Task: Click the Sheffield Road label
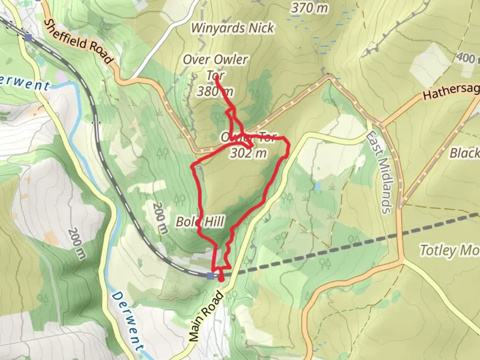coord(79,41)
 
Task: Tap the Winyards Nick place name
coord(232,28)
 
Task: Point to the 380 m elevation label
coord(215,91)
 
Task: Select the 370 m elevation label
coord(309,7)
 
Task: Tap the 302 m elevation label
coord(249,153)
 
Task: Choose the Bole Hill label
coord(200,221)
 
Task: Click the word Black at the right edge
coord(465,153)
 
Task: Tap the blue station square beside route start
coord(210,276)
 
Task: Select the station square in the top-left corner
coord(28,38)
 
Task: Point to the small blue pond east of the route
coord(318,185)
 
